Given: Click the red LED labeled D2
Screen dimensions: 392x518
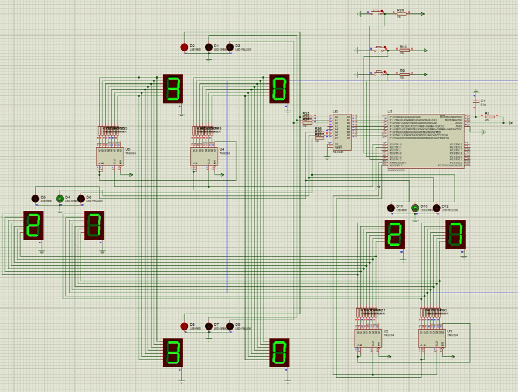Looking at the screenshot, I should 184,47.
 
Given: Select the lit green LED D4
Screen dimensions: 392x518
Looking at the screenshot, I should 60,199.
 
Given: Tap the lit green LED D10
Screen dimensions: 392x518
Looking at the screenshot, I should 415,208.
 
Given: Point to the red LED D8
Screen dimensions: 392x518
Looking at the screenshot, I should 184,326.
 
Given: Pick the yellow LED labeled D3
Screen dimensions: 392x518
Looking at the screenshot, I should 230,47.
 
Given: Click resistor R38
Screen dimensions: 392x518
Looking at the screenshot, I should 401,14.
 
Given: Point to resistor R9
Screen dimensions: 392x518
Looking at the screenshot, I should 402,75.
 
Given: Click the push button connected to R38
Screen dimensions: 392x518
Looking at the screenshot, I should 377,12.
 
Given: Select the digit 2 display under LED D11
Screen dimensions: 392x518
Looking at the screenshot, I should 394,234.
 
